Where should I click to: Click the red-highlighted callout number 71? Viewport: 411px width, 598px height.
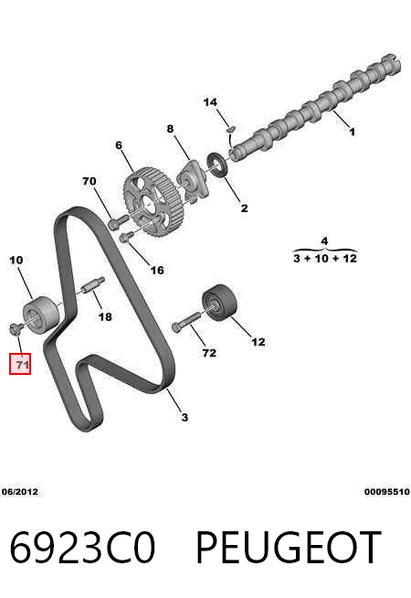[20, 364]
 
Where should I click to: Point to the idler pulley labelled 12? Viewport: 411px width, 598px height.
[219, 302]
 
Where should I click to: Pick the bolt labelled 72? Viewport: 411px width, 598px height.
[186, 322]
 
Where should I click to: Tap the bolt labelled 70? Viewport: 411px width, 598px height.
[119, 221]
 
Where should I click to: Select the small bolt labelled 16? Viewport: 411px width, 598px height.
[126, 237]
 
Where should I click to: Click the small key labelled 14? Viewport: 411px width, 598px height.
[231, 129]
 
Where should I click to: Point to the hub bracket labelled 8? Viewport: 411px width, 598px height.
[193, 181]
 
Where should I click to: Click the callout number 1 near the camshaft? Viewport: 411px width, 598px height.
[352, 132]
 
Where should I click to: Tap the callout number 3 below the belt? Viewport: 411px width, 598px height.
[184, 417]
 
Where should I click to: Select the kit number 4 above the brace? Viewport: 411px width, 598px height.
[324, 240]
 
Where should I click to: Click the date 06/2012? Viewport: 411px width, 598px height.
[20, 491]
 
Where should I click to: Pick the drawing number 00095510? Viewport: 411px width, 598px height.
[386, 492]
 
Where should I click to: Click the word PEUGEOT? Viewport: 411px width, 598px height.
[289, 547]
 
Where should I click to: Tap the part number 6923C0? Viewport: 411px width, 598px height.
[82, 547]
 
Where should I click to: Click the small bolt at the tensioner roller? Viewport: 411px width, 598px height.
[15, 328]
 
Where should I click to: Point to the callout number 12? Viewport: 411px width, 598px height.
[258, 341]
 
